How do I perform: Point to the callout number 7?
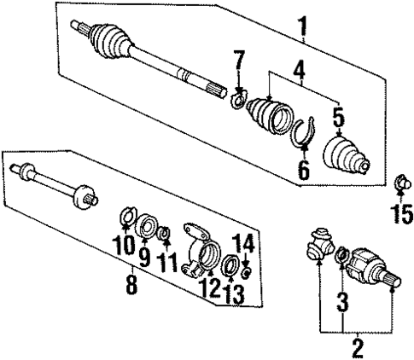pos(239,61)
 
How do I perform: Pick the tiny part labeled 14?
pos(245,272)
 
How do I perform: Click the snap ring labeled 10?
pos(125,217)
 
